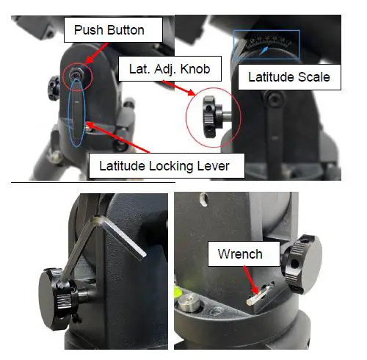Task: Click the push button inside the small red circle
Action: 76,74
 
